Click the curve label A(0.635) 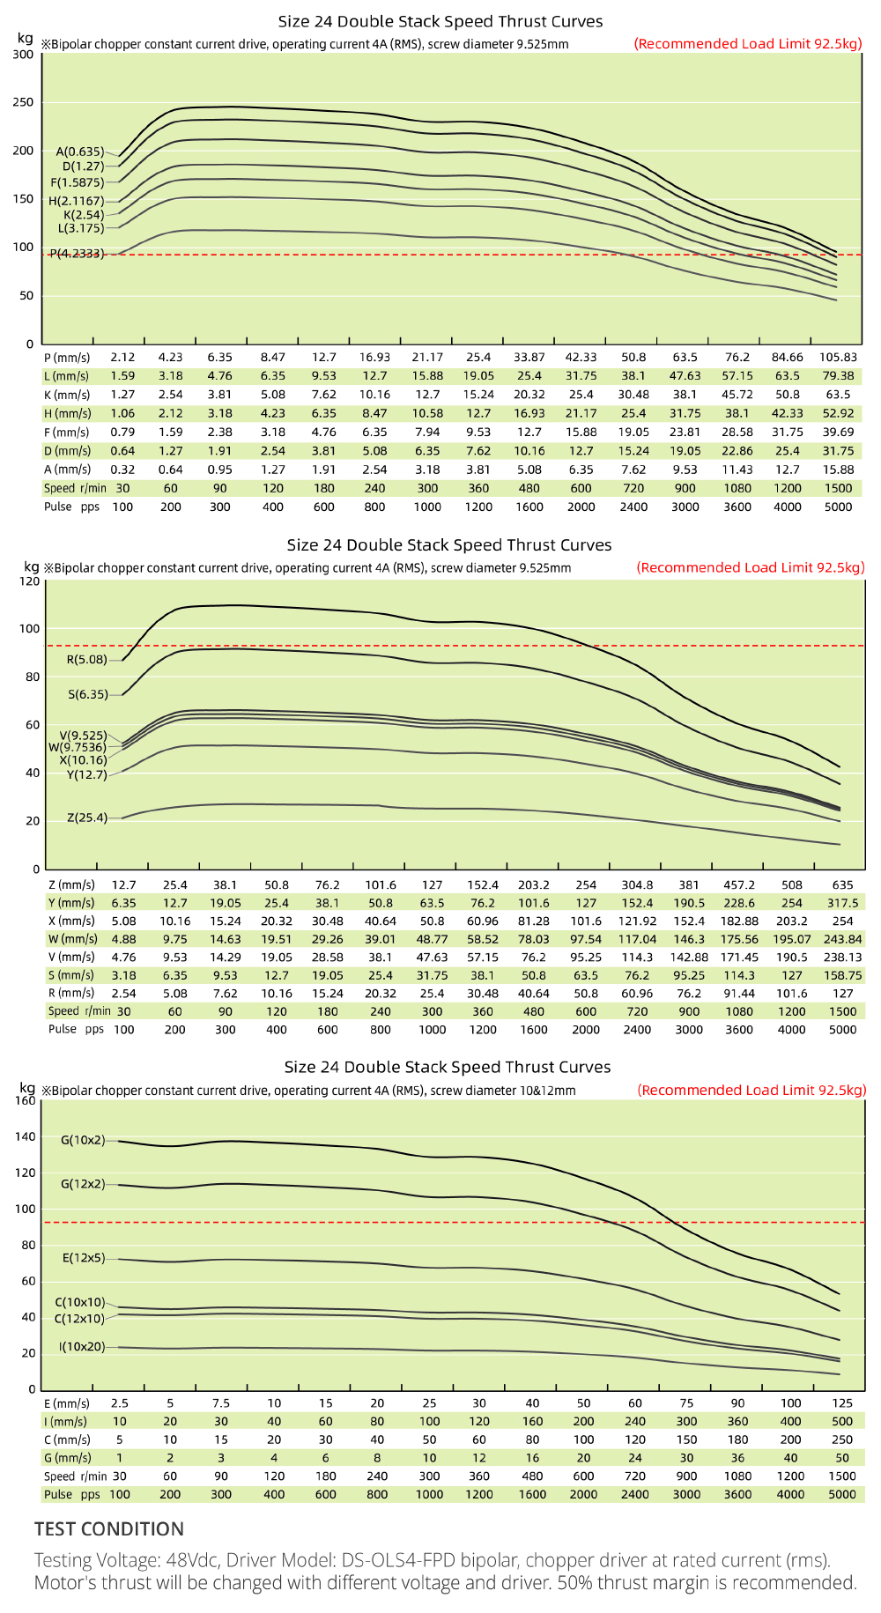pyautogui.click(x=80, y=152)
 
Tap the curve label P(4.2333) pyautogui.click(x=77, y=254)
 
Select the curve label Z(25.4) pyautogui.click(x=87, y=818)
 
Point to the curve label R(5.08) pyautogui.click(x=87, y=659)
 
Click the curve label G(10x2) pyautogui.click(x=83, y=1140)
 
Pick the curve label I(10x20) pyautogui.click(x=82, y=1347)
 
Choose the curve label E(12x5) pyautogui.click(x=84, y=1258)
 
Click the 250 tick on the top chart pyautogui.click(x=24, y=102)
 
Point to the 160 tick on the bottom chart pyautogui.click(x=26, y=1100)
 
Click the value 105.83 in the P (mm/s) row pyautogui.click(x=838, y=357)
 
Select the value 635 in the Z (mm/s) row pyautogui.click(x=842, y=884)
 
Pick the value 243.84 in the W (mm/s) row pyautogui.click(x=842, y=939)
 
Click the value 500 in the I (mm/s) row pyautogui.click(x=842, y=1421)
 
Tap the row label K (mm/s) pyautogui.click(x=67, y=395)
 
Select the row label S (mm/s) pyautogui.click(x=71, y=975)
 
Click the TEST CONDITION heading pyautogui.click(x=109, y=1529)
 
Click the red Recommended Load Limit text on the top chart pyautogui.click(x=748, y=44)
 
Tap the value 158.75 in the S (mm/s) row pyautogui.click(x=842, y=975)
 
